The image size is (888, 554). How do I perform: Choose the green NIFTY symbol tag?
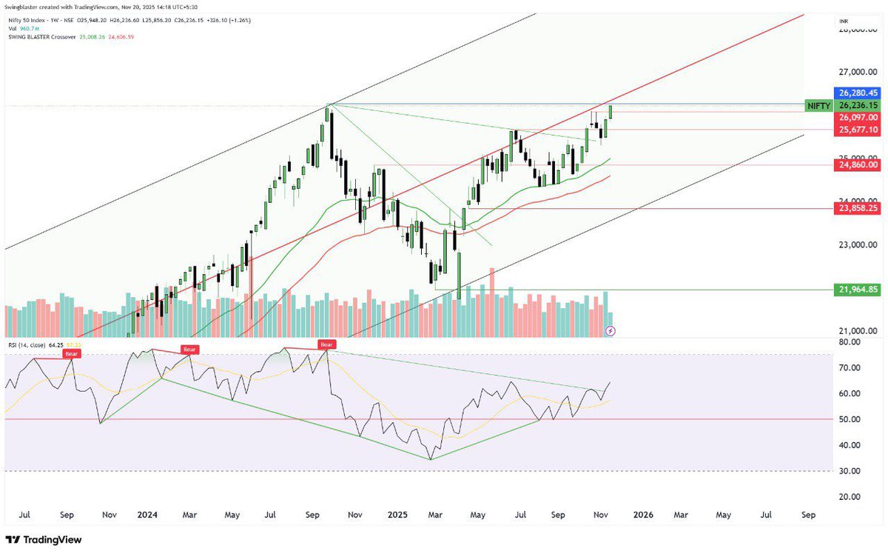(x=818, y=106)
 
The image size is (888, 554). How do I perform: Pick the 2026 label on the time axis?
(x=633, y=515)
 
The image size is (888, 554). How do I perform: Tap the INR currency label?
(x=843, y=23)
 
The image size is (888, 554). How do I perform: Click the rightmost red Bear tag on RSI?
(x=326, y=344)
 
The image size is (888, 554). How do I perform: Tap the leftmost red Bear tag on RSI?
(x=72, y=354)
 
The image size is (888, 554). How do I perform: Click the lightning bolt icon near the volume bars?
(x=610, y=330)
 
